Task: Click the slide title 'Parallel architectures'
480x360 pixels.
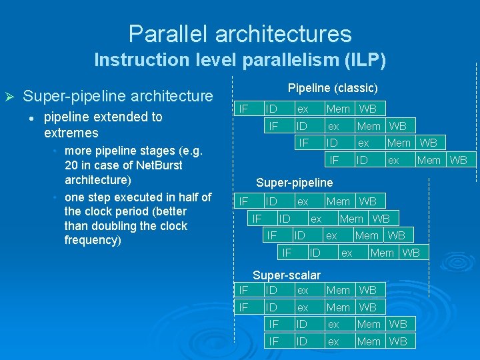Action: click(240, 33)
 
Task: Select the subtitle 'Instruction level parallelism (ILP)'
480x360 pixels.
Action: click(240, 60)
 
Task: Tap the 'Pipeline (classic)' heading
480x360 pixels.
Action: click(333, 88)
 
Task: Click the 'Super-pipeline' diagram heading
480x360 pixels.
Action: click(294, 183)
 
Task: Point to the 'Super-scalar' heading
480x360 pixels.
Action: click(287, 275)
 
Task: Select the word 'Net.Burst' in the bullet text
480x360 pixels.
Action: click(157, 165)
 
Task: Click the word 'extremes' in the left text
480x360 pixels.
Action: click(71, 133)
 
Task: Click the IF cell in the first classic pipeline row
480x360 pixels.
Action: click(244, 109)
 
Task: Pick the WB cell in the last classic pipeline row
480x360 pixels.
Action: click(458, 160)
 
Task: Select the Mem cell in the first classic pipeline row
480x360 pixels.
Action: click(338, 109)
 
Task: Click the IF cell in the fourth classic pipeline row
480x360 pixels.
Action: click(335, 160)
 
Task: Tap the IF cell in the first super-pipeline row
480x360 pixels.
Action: click(244, 201)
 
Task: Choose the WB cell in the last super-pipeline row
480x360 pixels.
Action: click(411, 253)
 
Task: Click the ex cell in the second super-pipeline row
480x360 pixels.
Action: click(317, 219)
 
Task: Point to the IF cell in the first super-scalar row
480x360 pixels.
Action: click(244, 290)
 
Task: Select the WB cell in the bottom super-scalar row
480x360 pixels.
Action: click(398, 341)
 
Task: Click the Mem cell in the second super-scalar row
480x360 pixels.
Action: click(338, 307)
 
